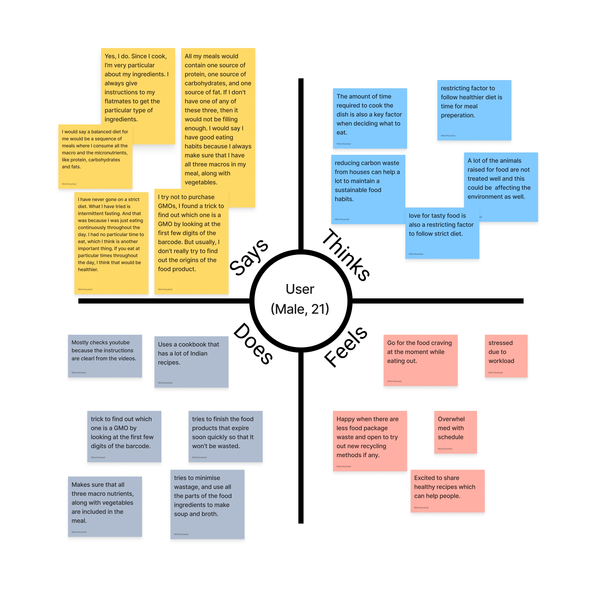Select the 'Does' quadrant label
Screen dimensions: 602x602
[x=253, y=344]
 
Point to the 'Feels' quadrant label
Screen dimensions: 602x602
[x=346, y=347]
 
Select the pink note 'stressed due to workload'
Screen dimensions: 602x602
[x=506, y=356]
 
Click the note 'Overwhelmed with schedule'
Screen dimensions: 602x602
[x=455, y=432]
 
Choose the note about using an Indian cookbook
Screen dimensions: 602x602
[x=191, y=361]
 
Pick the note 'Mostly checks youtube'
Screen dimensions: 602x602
[x=105, y=356]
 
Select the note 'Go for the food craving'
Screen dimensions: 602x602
[x=420, y=360]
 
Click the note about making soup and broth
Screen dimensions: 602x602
[x=207, y=504]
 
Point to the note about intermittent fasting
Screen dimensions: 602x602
[x=111, y=243]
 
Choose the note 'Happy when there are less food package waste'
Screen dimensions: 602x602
[x=369, y=441]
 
